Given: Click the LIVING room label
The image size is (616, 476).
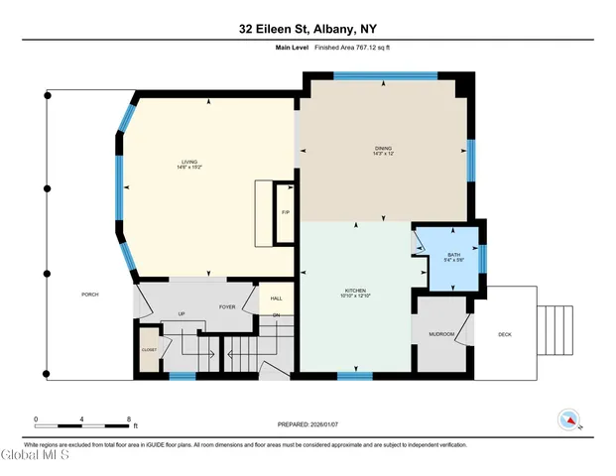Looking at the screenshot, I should pyautogui.click(x=188, y=162).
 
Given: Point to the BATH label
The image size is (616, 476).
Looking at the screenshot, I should pyautogui.click(x=453, y=255).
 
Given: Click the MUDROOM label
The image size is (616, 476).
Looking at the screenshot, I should pyautogui.click(x=440, y=334).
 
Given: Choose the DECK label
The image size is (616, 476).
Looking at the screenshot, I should pyautogui.click(x=504, y=334).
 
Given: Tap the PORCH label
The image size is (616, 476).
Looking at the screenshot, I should pyautogui.click(x=90, y=295).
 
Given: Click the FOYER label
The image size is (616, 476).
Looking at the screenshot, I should pyautogui.click(x=226, y=307).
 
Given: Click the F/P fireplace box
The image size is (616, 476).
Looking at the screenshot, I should pyautogui.click(x=285, y=212).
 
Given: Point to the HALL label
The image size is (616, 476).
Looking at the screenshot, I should pyautogui.click(x=276, y=297).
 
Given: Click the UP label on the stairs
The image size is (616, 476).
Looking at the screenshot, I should pyautogui.click(x=181, y=315).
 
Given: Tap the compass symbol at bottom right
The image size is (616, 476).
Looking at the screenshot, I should pyautogui.click(x=569, y=419).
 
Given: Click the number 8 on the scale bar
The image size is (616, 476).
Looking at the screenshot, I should pyautogui.click(x=129, y=417).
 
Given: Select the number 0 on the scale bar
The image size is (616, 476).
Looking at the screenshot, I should pyautogui.click(x=36, y=417).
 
